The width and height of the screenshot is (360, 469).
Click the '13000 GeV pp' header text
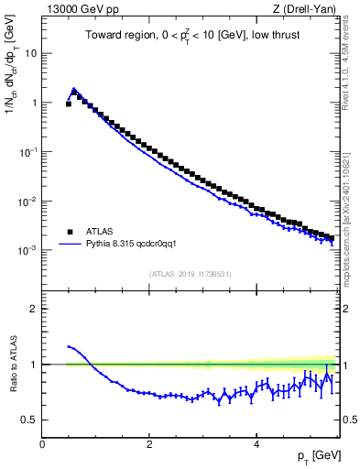pyautogui.click(x=81, y=9)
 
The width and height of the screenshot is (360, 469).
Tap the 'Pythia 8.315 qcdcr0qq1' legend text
pyautogui.click(x=137, y=245)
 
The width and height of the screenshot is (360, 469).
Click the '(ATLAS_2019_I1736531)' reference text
pyautogui.click(x=191, y=273)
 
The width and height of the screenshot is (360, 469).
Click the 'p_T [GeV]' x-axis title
pyautogui.click(x=316, y=455)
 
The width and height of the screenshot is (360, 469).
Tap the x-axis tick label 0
pyautogui.click(x=42, y=443)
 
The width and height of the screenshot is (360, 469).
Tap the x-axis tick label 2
pyautogui.click(x=149, y=443)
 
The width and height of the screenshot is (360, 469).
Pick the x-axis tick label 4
pyautogui.click(x=256, y=443)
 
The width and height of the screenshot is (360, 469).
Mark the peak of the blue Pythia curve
pyautogui.click(x=74, y=89)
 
